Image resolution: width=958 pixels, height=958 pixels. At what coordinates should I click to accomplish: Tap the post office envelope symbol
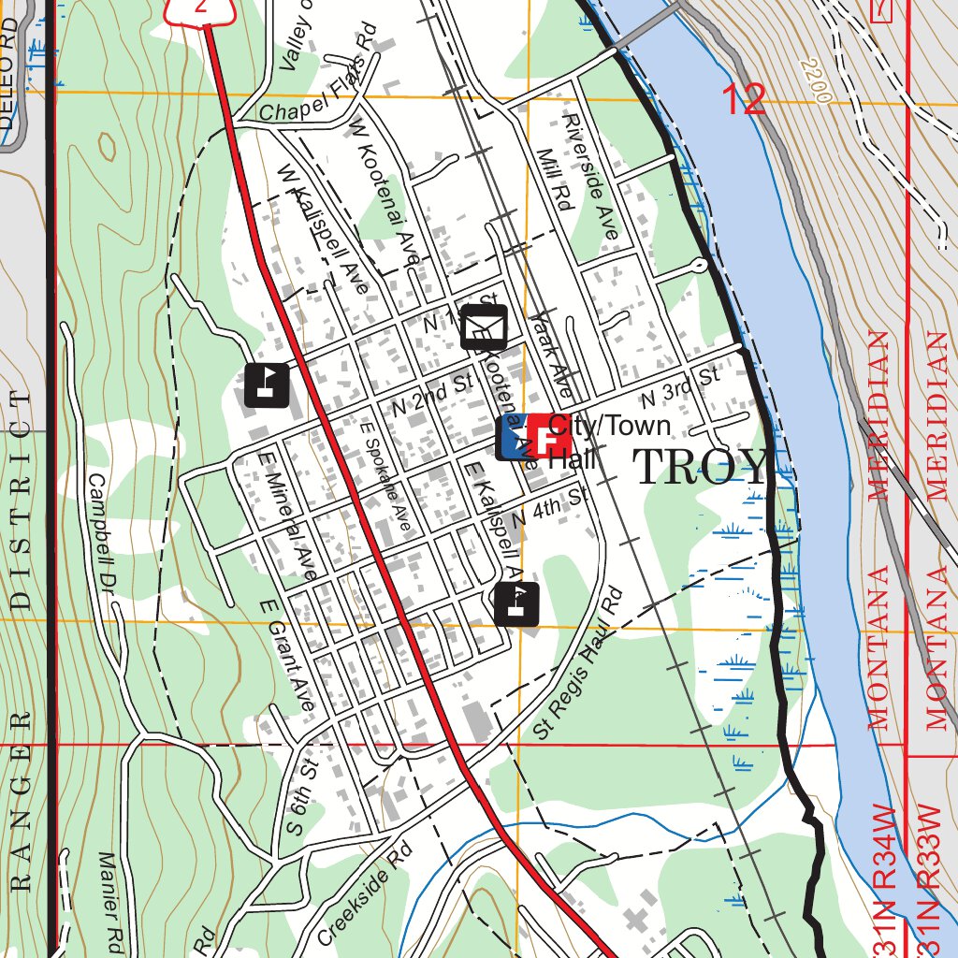[x=484, y=327]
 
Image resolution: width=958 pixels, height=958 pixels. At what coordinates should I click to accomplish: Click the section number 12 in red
[x=744, y=100]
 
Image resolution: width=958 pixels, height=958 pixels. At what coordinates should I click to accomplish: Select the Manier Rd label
[x=111, y=898]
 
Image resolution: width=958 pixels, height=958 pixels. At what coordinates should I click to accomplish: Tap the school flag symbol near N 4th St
[x=516, y=604]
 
